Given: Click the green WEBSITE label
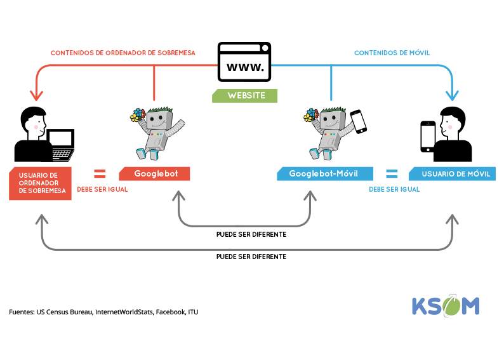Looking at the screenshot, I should tap(245, 95).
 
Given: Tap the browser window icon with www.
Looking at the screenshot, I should tap(244, 62).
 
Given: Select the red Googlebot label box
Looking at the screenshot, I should tap(154, 174).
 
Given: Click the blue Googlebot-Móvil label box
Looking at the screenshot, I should tap(324, 174).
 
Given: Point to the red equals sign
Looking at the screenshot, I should tap(100, 173).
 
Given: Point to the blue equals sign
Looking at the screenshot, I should tap(392, 173).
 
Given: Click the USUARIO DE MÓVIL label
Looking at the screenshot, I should tap(452, 174).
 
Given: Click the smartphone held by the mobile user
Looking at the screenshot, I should tap(428, 137).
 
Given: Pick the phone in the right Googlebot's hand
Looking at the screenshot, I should tap(359, 121).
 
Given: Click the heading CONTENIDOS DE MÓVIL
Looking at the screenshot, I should tap(392, 53).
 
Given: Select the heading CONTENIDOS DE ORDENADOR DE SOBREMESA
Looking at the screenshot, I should tap(123, 53).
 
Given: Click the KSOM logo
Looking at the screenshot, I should tap(445, 305).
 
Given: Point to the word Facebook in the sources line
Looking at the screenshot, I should tap(169, 312).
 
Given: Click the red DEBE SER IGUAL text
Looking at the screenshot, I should tap(102, 189).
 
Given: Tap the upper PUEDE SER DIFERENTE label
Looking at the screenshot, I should tap(251, 234).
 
